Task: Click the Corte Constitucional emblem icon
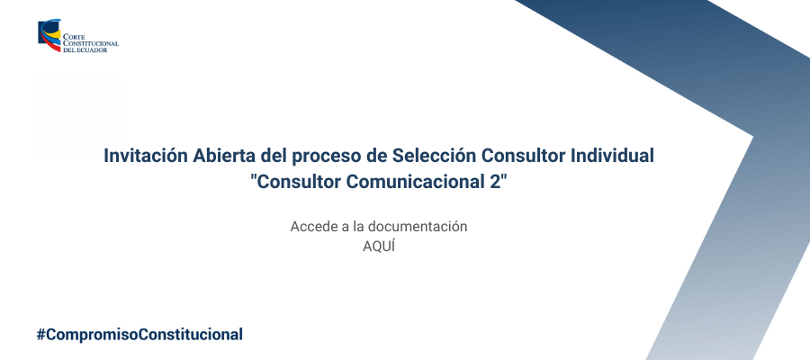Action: pos(49,35)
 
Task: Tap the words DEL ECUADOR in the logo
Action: pos(85,50)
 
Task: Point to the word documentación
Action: pos(418,227)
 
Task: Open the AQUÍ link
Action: pos(379,247)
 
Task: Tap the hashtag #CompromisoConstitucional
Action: pos(139,334)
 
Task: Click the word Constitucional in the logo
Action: pos(91,44)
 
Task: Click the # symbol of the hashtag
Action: pos(40,334)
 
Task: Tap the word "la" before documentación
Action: pos(358,227)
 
